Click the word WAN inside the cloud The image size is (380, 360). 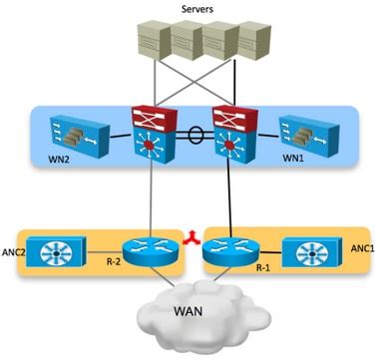(x=190, y=311)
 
